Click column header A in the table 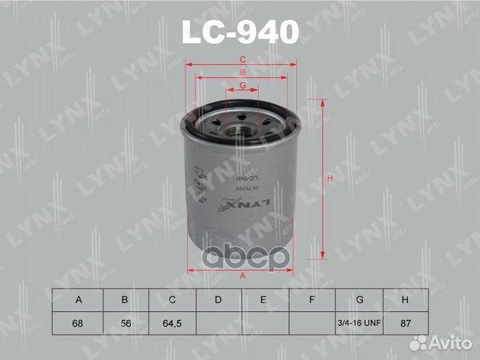tap(79, 300)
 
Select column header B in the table tap(125, 300)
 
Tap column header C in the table tap(171, 300)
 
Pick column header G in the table tap(359, 300)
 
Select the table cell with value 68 tap(79, 323)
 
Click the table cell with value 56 tap(125, 323)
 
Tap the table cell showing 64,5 tap(171, 323)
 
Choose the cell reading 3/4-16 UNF tap(359, 323)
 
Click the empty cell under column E tap(265, 323)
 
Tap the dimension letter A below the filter tap(243, 277)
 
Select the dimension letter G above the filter tap(243, 85)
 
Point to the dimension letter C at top tap(243, 59)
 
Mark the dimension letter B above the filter tap(243, 72)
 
